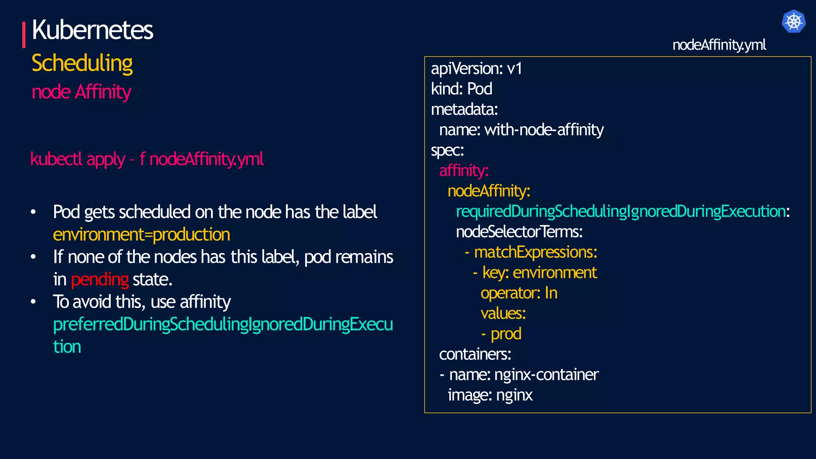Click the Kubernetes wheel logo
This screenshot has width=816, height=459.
point(793,21)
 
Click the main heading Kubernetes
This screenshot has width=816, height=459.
point(92,30)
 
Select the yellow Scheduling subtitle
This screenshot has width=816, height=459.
point(82,63)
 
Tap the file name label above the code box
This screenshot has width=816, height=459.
point(719,45)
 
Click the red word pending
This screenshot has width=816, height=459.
point(100,279)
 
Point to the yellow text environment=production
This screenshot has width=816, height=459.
point(141,234)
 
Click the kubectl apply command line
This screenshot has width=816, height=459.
point(147,159)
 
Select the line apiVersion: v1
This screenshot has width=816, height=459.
point(476,69)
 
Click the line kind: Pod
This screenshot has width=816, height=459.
point(461,89)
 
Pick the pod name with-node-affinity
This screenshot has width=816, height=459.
point(544,130)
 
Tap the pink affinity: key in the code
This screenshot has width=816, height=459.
point(464,171)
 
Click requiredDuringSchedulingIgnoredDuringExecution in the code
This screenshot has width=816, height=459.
point(621,211)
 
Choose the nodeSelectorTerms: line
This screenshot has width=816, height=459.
point(519,231)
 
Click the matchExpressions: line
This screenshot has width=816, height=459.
point(535,252)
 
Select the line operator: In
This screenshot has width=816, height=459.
point(519,293)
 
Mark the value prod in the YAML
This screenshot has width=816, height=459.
point(506,333)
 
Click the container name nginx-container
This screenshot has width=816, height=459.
point(546,375)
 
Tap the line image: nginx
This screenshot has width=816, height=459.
point(490,395)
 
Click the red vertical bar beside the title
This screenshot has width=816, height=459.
point(24,35)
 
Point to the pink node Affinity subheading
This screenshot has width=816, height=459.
point(81,92)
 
